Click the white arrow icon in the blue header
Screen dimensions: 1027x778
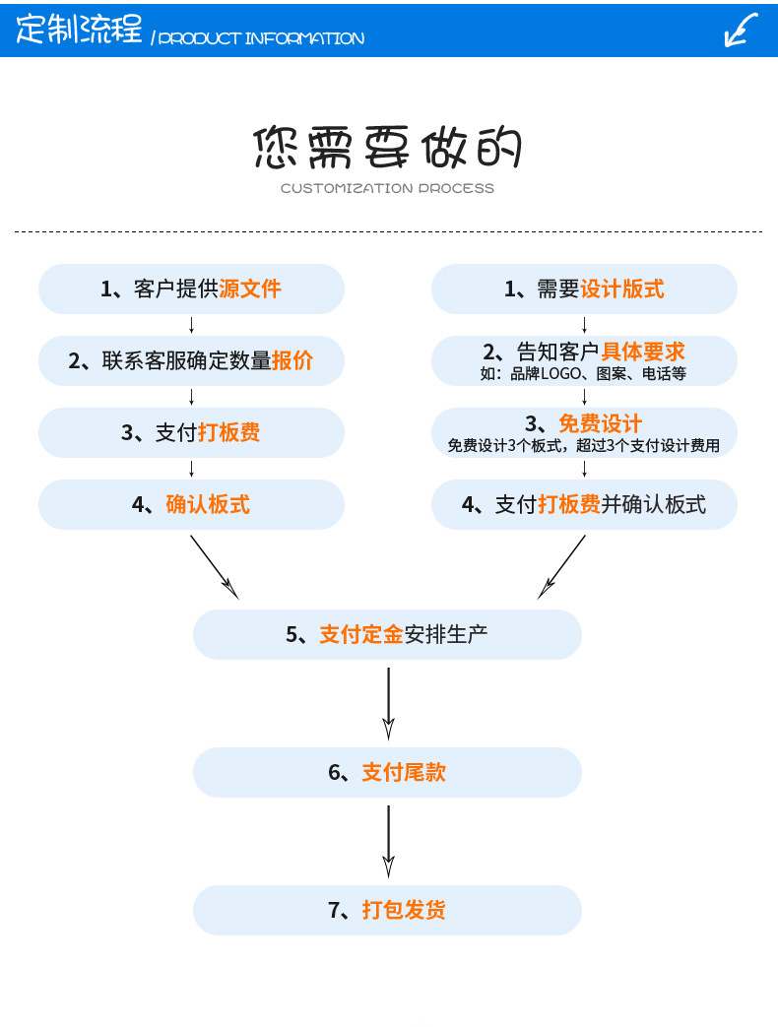coord(741,30)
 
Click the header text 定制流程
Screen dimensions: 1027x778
coord(80,30)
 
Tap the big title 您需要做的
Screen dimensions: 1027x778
coord(387,148)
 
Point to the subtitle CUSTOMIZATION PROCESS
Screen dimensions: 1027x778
coord(387,188)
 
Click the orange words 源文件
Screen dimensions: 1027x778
coord(250,289)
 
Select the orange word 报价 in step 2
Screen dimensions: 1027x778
coord(292,360)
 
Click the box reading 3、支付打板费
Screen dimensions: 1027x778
coord(191,432)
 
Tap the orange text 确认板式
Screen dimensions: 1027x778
coord(208,504)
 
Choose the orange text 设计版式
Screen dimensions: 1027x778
coord(622,289)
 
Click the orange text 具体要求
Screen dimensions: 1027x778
coord(643,352)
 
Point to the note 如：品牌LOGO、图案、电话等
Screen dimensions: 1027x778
coord(583,374)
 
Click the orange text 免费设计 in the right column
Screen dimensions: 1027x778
coord(601,423)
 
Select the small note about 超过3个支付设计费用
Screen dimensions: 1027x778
coord(584,446)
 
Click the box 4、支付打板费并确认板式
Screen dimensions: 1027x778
coord(584,504)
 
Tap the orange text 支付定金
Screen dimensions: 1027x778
coord(361,634)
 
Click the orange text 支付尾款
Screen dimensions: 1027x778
coord(404,772)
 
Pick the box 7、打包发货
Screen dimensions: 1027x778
coord(387,910)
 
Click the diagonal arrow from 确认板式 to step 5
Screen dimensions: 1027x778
coord(214,566)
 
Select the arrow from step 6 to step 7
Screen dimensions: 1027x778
coord(388,840)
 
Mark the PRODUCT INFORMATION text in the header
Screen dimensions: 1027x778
coord(261,38)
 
